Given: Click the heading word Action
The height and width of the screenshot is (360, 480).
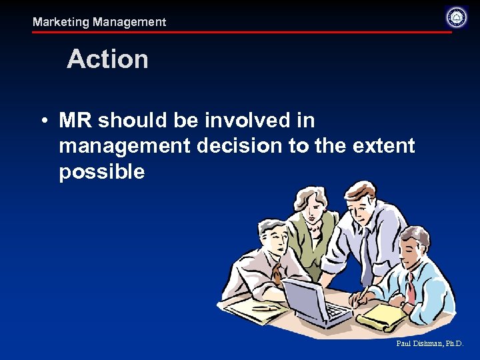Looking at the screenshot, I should coord(107,59).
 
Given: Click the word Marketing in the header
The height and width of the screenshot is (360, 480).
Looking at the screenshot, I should coord(61,22).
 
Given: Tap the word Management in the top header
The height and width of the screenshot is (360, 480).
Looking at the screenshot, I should coord(129,22).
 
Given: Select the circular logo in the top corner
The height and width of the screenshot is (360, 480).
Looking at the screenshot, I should coord(457,17).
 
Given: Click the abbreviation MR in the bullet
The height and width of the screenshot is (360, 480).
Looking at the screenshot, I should coord(76,121).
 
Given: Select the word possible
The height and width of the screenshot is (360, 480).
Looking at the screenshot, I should coord(101,172).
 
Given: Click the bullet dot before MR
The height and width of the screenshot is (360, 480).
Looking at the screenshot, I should coord(42,121).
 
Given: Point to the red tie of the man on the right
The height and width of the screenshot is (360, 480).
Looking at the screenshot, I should coord(411,287).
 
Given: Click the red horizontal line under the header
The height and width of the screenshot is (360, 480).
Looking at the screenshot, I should coord(240,32).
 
